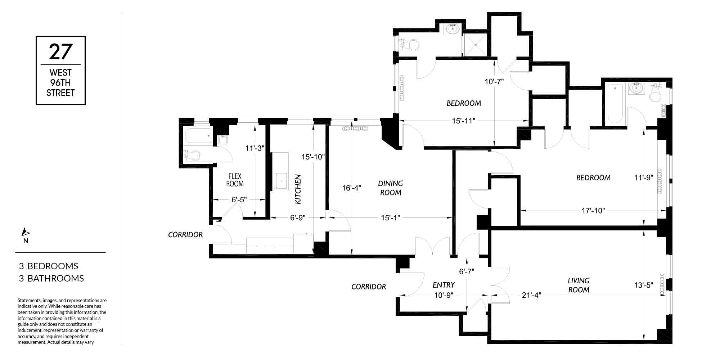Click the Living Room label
(579, 285)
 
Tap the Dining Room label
(391, 188)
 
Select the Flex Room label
(235, 180)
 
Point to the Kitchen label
(298, 189)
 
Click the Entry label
(444, 285)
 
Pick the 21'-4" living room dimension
(532, 295)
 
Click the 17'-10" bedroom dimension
(593, 211)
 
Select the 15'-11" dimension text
(464, 121)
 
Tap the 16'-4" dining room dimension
(351, 188)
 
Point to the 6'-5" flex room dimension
(239, 199)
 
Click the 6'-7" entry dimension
(467, 271)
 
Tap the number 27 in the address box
(60, 52)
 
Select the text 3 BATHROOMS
(51, 278)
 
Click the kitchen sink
(281, 181)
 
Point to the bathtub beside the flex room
(198, 136)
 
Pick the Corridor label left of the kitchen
(185, 235)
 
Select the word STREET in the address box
(60, 93)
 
